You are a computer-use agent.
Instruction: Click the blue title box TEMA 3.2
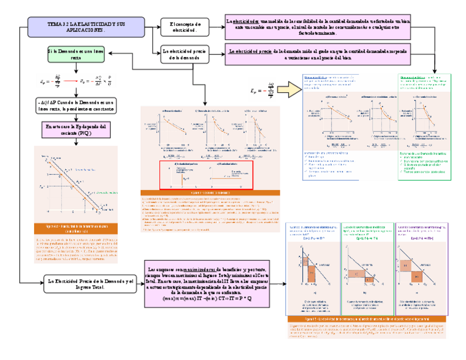(x=86, y=26)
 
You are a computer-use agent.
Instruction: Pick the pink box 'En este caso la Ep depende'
(x=76, y=129)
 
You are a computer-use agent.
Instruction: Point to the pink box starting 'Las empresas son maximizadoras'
(x=207, y=283)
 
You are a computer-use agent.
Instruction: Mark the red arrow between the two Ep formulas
(x=66, y=81)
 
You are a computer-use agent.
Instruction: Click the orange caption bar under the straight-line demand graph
(x=76, y=228)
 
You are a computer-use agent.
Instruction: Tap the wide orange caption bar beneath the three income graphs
(x=367, y=319)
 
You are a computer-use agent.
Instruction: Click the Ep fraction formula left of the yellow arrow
(x=262, y=90)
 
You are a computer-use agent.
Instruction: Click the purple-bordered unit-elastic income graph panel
(x=420, y=269)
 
